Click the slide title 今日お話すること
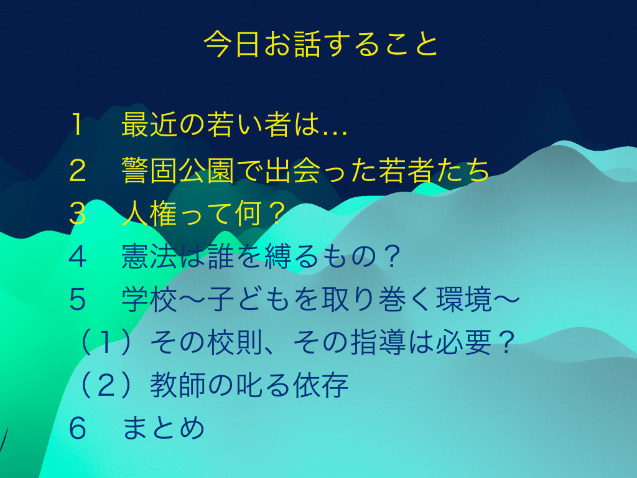click(321, 44)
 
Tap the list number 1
click(77, 124)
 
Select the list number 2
click(77, 171)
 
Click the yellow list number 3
click(77, 214)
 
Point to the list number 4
click(77, 257)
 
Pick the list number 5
click(77, 300)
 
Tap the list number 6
click(77, 428)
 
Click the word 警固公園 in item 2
click(178, 171)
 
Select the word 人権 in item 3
click(149, 214)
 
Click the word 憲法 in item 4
click(149, 256)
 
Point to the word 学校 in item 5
click(149, 299)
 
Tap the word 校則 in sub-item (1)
click(235, 342)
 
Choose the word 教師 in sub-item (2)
click(178, 385)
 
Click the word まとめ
click(164, 428)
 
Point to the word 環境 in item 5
click(464, 299)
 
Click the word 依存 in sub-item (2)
click(320, 385)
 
